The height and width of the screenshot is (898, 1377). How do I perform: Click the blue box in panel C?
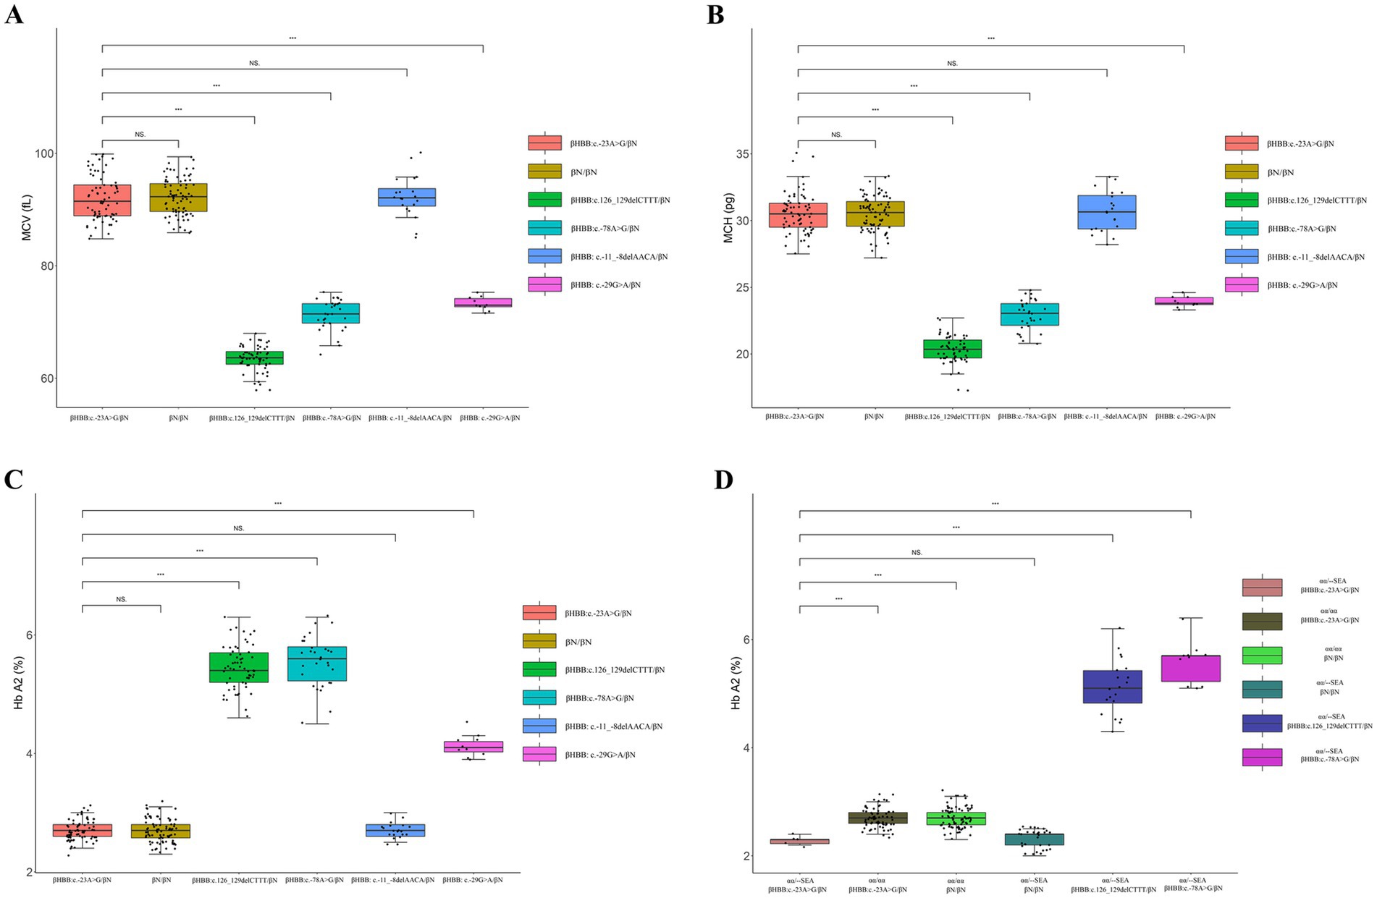[395, 830]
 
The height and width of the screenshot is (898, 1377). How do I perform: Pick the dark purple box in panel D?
[1112, 686]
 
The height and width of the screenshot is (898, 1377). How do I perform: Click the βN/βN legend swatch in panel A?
[544, 171]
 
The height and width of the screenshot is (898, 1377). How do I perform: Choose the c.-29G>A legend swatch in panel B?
[1241, 285]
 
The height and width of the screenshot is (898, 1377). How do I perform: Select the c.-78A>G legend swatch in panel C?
[539, 698]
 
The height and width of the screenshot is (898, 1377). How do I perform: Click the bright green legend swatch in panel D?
[1262, 655]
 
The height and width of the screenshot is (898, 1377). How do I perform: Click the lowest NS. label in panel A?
[140, 134]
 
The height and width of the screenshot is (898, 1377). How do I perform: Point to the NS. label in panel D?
[917, 552]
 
